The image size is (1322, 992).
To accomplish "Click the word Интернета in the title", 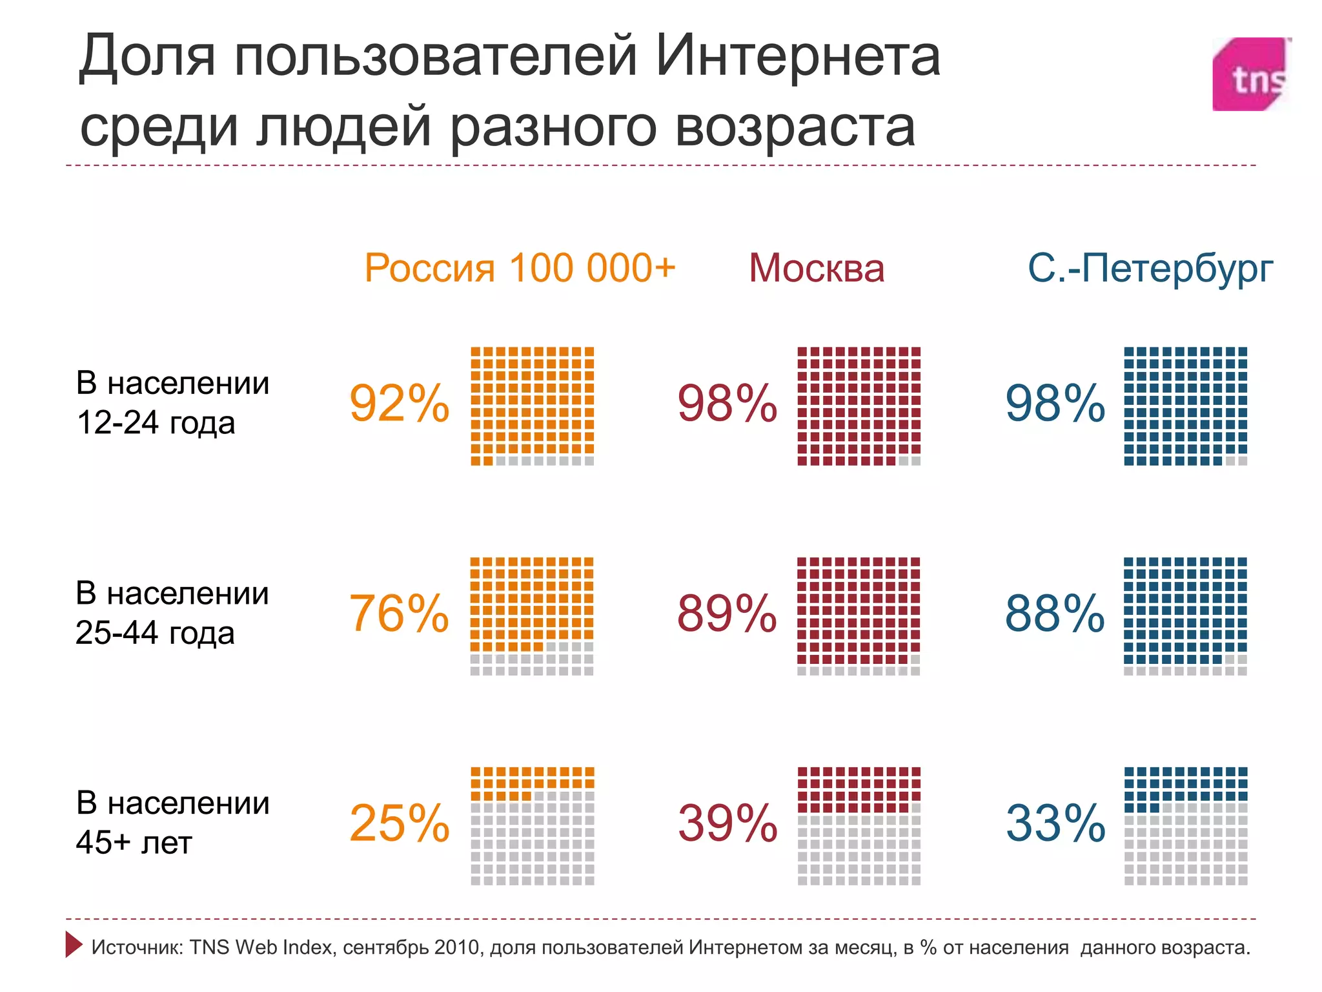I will click(x=798, y=57).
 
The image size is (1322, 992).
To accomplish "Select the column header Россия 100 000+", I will click(x=520, y=267).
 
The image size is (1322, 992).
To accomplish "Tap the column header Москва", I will click(x=816, y=267).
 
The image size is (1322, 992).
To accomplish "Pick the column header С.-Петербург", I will click(x=1150, y=267).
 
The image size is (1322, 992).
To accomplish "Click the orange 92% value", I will click(x=399, y=404).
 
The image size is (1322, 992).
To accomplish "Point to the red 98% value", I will click(x=727, y=404).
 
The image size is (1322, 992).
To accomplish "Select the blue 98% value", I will click(x=1055, y=404).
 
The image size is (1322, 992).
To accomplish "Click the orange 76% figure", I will click(x=399, y=614).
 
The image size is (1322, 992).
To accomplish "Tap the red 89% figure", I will click(x=727, y=614).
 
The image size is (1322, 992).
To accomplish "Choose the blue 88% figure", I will click(x=1055, y=614).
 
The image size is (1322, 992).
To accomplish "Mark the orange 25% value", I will click(x=399, y=823).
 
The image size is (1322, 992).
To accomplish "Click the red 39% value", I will click(x=727, y=823).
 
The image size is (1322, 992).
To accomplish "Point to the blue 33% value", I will click(x=1055, y=823).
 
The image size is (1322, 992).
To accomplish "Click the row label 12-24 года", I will click(x=156, y=423).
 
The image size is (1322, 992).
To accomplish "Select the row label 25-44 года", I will click(x=155, y=633).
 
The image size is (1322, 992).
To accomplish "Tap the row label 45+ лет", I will click(x=134, y=843).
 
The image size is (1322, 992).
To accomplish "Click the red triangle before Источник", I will click(x=74, y=944).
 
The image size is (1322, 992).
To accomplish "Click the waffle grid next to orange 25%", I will click(x=532, y=826).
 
